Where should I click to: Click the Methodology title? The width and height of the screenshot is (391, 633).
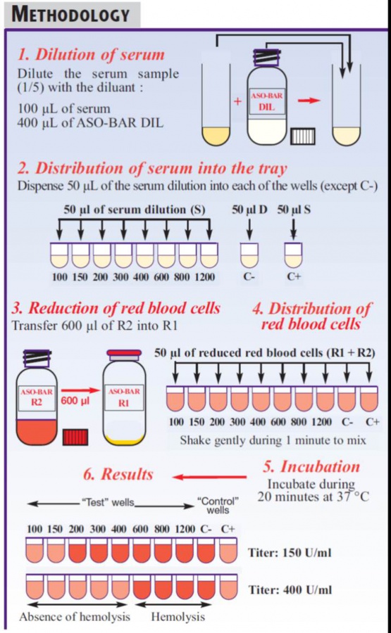pos(70,15)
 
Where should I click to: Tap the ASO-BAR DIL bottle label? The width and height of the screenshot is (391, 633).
pos(267,101)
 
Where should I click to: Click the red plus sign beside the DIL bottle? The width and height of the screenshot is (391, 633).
pos(237,101)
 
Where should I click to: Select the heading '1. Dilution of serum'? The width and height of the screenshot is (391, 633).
pos(91,54)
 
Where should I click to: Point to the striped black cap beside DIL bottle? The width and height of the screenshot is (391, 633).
pos(303,136)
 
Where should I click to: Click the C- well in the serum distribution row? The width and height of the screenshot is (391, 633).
pos(249,255)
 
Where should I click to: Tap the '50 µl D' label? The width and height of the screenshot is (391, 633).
pos(249,210)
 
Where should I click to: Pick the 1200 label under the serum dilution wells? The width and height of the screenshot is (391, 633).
pos(204,277)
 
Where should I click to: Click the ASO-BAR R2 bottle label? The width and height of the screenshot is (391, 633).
pos(37,397)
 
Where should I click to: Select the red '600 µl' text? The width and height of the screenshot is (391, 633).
pos(75,401)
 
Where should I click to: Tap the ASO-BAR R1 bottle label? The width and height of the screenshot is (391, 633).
pos(124,397)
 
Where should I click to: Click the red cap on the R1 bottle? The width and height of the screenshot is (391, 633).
pos(124,354)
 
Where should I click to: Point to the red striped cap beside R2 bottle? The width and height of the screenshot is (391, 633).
pos(75,437)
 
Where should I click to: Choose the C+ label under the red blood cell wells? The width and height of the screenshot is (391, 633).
pos(373,422)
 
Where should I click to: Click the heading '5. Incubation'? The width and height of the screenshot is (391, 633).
pos(311,467)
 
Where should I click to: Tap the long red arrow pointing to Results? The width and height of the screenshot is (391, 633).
pos(209,477)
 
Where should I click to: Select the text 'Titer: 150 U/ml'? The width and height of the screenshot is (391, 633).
pos(290,553)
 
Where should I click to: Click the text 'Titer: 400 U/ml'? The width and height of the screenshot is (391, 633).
pos(290,590)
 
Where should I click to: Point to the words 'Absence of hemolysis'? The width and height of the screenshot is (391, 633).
pos(75,617)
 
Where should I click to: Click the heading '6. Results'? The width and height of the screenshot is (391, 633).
pos(118,474)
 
